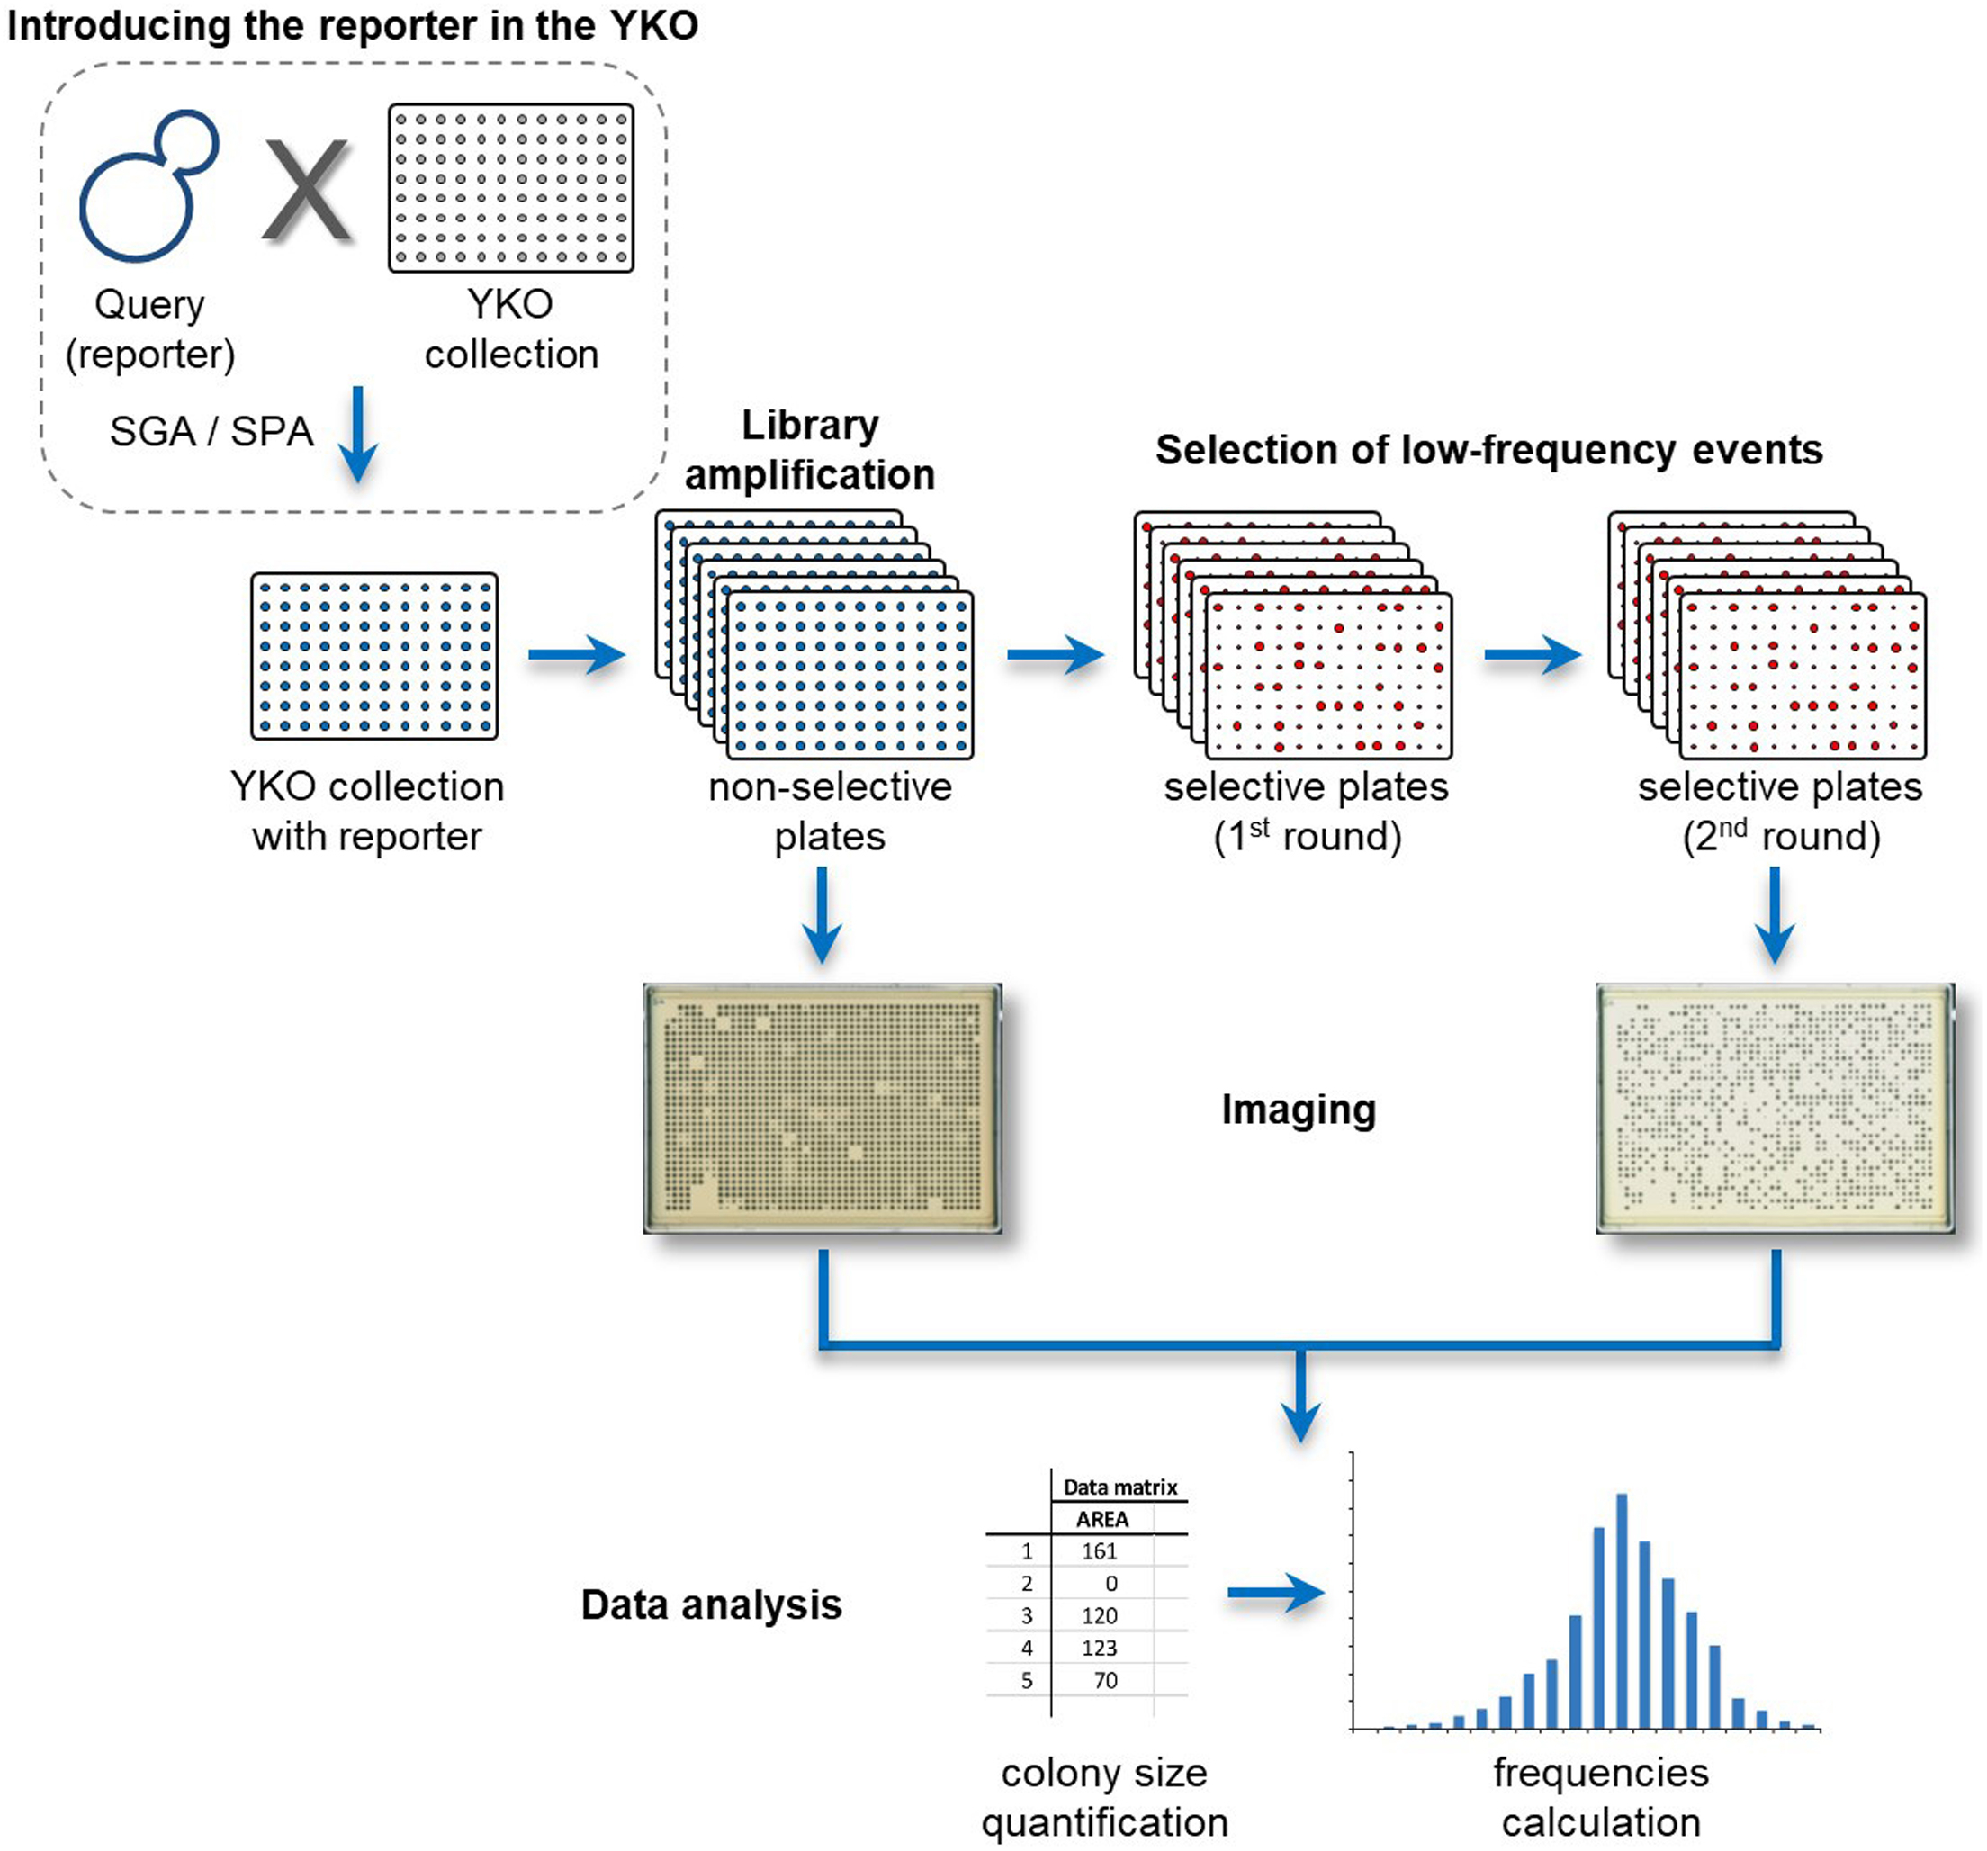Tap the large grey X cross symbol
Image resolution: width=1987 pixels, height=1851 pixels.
[x=307, y=190]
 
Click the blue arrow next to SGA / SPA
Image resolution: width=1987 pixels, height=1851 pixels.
[x=357, y=435]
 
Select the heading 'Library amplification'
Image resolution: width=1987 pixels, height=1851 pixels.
[x=810, y=450]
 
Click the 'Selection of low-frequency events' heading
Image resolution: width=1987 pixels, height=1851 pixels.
[x=1488, y=450]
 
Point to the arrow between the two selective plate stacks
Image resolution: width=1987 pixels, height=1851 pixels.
[x=1532, y=656]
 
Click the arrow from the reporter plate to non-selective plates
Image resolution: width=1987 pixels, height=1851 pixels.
[x=576, y=656]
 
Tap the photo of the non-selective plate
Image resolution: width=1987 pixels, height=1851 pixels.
[x=822, y=1108]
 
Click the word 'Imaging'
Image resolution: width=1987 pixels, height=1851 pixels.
[x=1299, y=1110]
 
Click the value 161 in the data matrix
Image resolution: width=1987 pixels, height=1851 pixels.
[x=1100, y=1551]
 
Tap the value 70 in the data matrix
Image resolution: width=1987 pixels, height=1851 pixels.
[x=1104, y=1681]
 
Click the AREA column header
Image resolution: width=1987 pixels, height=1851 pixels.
[x=1102, y=1519]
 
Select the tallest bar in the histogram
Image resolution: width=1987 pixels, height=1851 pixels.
[x=1621, y=1610]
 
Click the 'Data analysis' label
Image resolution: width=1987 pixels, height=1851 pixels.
[x=711, y=1605]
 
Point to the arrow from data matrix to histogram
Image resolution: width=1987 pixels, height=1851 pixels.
[x=1275, y=1592]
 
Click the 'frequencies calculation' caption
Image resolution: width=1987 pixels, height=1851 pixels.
[x=1600, y=1797]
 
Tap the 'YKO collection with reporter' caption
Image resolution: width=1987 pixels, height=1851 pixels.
[x=367, y=811]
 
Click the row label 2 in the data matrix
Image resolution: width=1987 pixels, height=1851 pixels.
[x=1027, y=1583]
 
